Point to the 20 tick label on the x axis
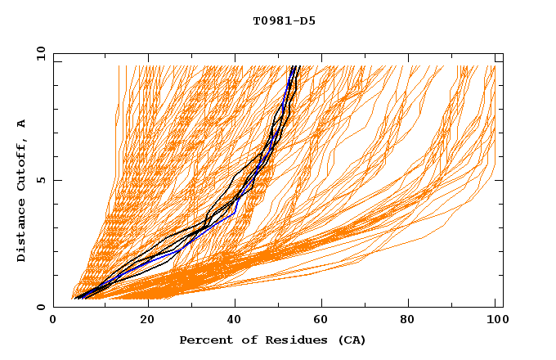(147, 321)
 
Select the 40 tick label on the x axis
(235, 321)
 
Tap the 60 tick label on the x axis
(324, 321)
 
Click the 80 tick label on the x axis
(412, 321)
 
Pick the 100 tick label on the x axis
(495, 321)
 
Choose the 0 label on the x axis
(54, 321)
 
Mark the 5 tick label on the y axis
(39, 180)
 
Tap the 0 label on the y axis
(39, 307)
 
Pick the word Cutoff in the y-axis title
(21, 169)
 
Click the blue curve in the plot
(235, 211)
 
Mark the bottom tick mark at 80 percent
(412, 304)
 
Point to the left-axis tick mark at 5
(56, 180)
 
